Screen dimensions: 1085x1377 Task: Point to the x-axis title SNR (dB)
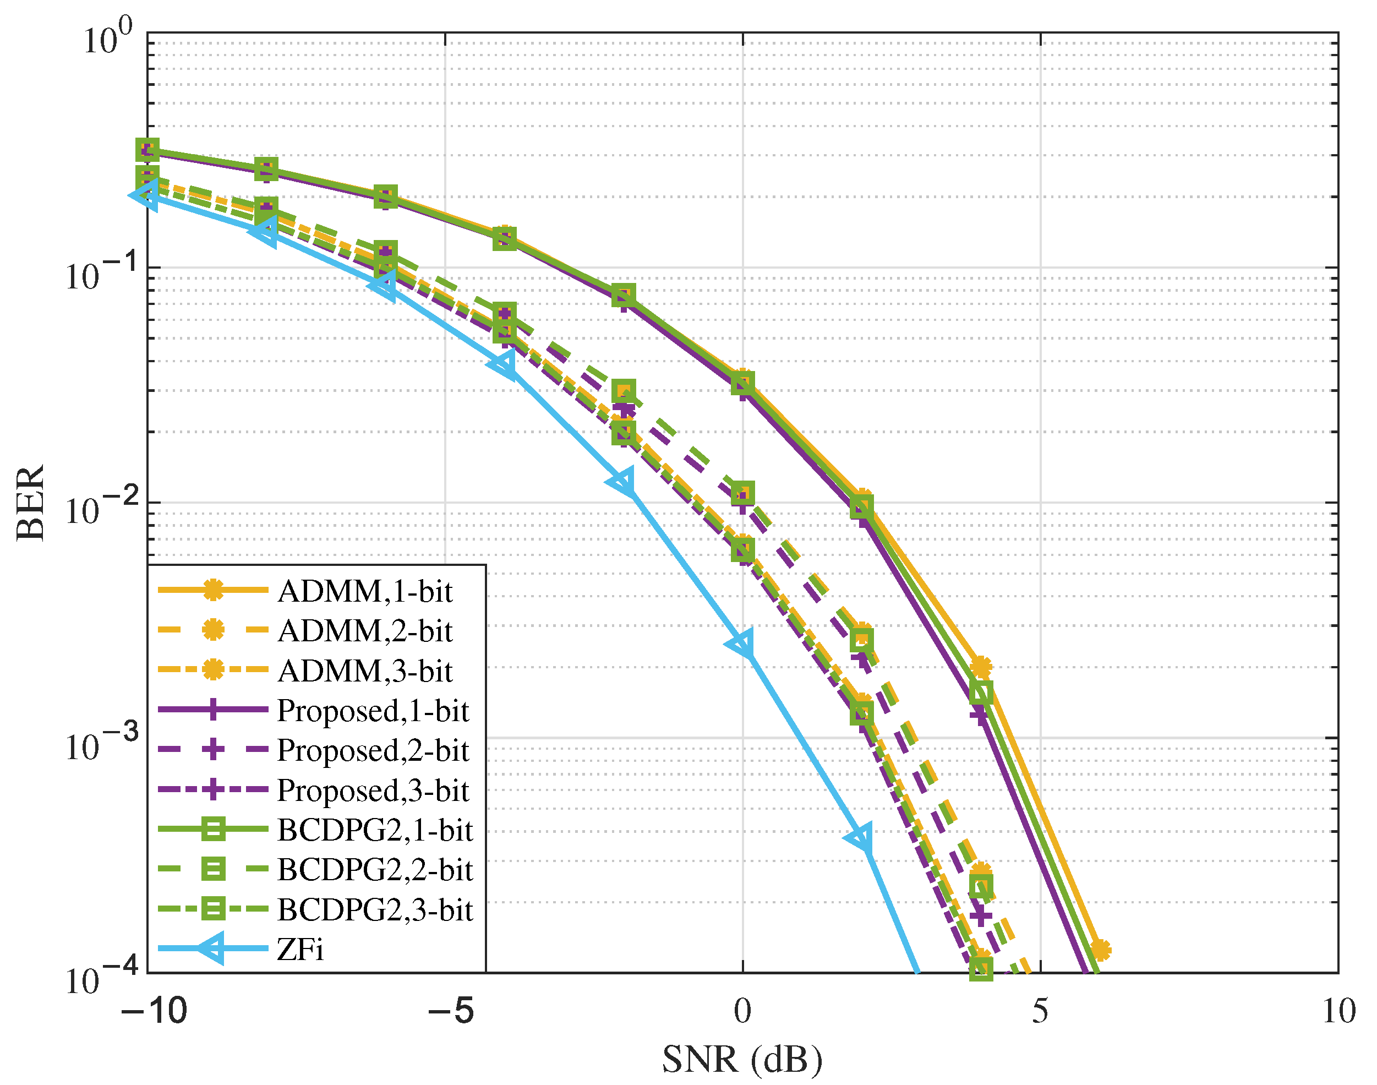click(x=742, y=1060)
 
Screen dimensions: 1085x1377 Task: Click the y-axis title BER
click(x=30, y=502)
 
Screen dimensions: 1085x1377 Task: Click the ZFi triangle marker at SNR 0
click(x=741, y=645)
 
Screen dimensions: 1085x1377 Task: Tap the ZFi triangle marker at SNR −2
click(x=622, y=482)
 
